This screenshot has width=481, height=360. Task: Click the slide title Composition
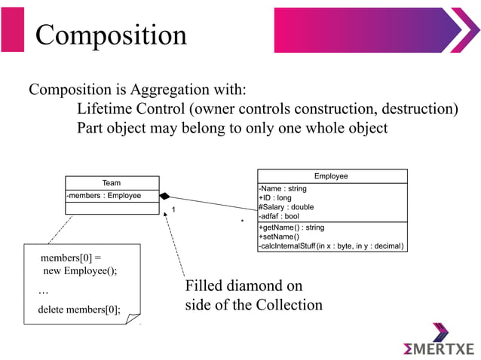pos(111,35)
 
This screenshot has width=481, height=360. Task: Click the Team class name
pos(112,183)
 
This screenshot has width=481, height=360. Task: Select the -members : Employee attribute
pos(104,196)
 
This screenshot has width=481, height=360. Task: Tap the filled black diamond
pos(165,196)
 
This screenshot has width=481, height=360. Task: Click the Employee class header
pos(331,175)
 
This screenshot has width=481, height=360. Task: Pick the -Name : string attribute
pos(282,189)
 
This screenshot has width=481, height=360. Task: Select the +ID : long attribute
pos(274,198)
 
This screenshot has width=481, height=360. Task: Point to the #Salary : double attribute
pos(286,207)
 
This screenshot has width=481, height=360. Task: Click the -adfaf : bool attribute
pos(278,216)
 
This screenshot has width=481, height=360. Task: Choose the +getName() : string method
pos(291,227)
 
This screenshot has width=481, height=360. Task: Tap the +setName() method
pos(278,236)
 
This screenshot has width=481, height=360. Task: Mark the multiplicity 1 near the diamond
pos(173,209)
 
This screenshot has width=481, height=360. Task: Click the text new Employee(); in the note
pos(80,271)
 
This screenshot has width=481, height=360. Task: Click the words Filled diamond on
pos(244,286)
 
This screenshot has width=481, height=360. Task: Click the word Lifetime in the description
pos(109,109)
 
